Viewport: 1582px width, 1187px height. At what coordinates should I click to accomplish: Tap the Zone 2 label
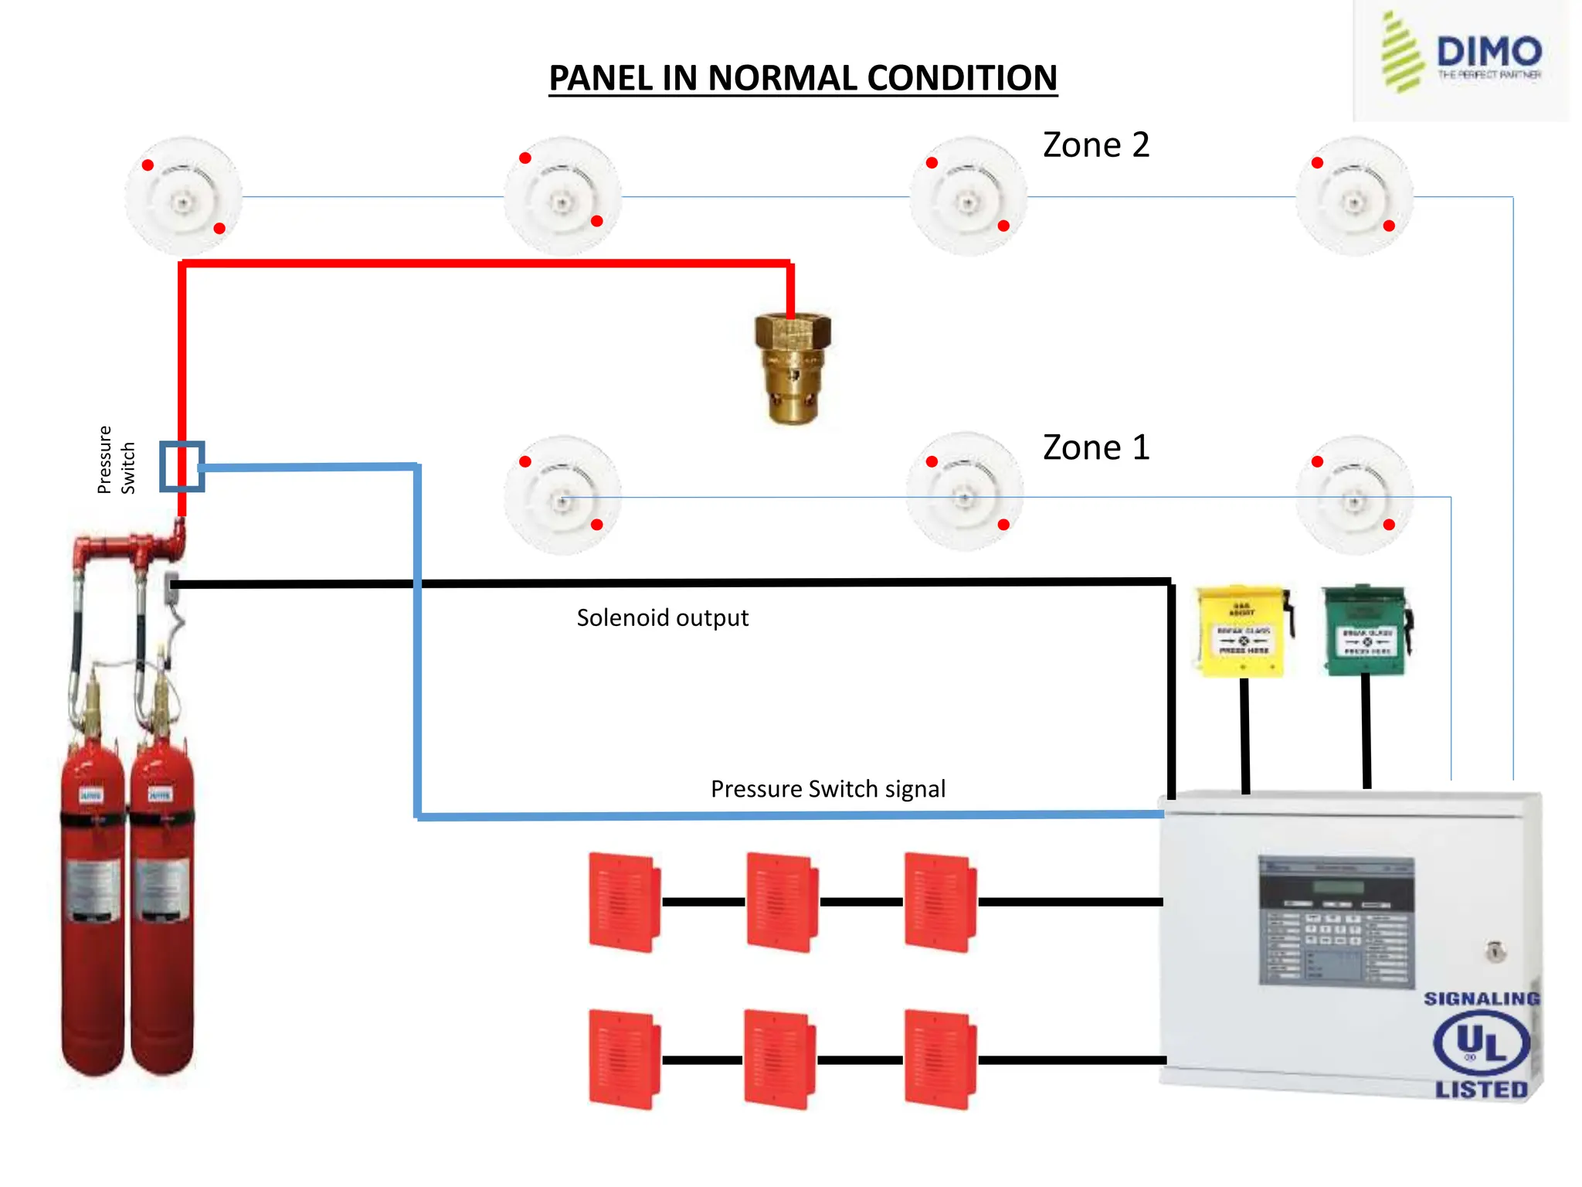(1095, 145)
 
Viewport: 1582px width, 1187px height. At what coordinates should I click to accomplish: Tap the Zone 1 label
(1095, 448)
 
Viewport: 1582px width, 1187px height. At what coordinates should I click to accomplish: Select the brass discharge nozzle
(793, 368)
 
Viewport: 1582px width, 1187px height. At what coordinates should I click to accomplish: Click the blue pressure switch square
(182, 466)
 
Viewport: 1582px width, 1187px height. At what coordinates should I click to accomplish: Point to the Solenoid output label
(662, 618)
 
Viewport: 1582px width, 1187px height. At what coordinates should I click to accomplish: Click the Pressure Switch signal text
(827, 789)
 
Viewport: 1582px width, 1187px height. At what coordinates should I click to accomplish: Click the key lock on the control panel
(1495, 951)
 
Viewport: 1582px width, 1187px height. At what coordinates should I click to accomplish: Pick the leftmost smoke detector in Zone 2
(183, 196)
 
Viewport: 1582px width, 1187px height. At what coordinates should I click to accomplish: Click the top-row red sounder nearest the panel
(939, 901)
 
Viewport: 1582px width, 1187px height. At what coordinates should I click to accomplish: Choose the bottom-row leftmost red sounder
(623, 1059)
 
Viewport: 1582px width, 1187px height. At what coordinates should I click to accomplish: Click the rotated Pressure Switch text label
(116, 460)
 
